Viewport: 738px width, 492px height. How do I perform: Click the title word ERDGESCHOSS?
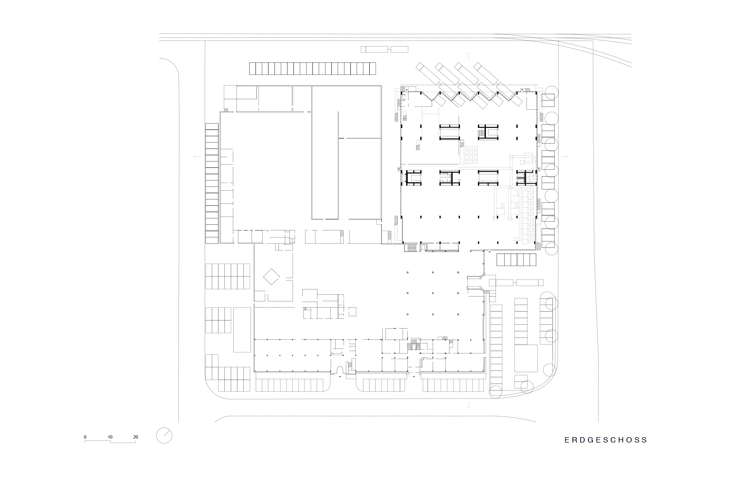click(x=606, y=440)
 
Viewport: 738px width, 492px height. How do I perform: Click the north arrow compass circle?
click(x=164, y=436)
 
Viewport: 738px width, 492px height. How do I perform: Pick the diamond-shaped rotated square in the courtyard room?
click(x=271, y=277)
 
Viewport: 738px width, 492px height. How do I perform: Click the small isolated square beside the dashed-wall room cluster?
click(x=352, y=312)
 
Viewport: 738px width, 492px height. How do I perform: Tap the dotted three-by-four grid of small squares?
click(x=471, y=155)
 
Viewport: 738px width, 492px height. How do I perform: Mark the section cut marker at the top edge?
click(x=468, y=57)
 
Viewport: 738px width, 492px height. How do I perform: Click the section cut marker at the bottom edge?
click(x=468, y=404)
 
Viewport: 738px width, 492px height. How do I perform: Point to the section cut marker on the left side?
click(x=197, y=157)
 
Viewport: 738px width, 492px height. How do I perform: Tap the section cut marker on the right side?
click(x=565, y=157)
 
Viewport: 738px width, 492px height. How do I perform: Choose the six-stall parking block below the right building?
click(x=516, y=260)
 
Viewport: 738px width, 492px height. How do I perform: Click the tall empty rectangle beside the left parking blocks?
click(x=242, y=330)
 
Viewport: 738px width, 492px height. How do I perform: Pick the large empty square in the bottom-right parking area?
click(x=526, y=358)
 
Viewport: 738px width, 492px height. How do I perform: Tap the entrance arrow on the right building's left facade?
click(x=399, y=169)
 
